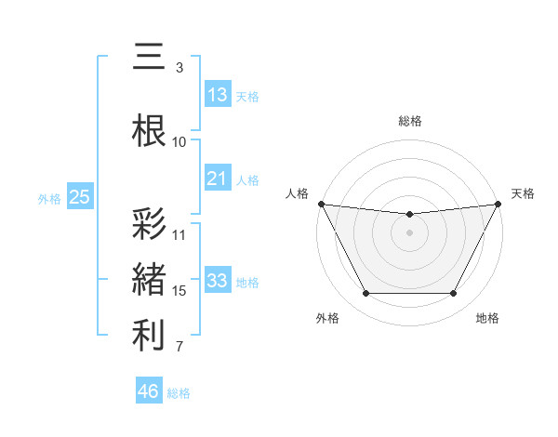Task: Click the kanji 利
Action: (150, 337)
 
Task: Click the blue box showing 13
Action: (218, 95)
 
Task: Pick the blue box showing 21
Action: (218, 179)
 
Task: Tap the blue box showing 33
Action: (218, 281)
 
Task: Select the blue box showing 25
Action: (79, 197)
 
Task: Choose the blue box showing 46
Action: (149, 391)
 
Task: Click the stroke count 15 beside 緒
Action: (179, 291)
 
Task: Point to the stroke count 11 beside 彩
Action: (179, 234)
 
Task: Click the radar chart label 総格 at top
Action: (410, 121)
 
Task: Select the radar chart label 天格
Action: (523, 193)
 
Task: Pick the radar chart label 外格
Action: (326, 318)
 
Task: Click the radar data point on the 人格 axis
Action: (321, 204)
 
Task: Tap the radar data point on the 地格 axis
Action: (454, 294)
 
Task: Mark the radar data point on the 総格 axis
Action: (409, 215)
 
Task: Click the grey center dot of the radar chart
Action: (409, 232)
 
